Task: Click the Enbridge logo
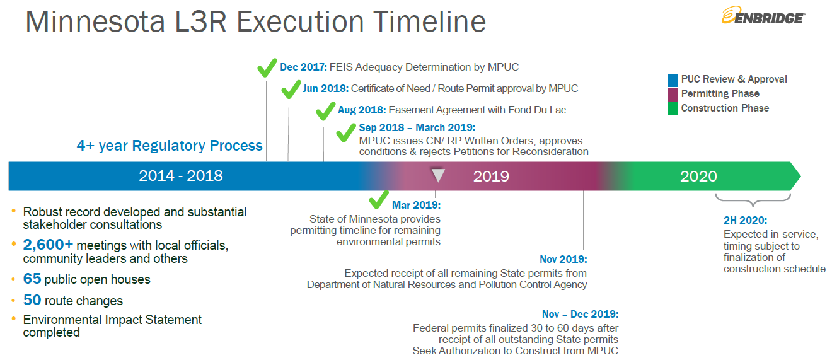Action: pos(763,16)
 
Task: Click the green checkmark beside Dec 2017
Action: pos(267,67)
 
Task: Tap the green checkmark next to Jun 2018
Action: pos(291,89)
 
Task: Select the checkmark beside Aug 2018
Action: pos(325,111)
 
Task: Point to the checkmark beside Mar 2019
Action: pos(379,199)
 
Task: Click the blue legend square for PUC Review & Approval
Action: pos(673,80)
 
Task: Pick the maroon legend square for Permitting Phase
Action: pos(673,95)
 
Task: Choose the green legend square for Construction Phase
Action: pos(673,109)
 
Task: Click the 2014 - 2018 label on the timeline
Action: pos(181,176)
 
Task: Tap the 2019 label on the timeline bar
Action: pos(491,177)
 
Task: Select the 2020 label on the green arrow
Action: pos(698,177)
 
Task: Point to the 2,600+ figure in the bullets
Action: pos(48,245)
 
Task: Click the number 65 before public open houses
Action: pos(32,279)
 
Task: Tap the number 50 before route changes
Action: pos(32,300)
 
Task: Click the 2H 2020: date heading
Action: pos(745,220)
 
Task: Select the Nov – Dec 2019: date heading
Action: pos(580,314)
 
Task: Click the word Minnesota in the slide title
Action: pos(95,21)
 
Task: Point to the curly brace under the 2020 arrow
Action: pos(753,200)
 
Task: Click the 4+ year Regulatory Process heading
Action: pos(170,146)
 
